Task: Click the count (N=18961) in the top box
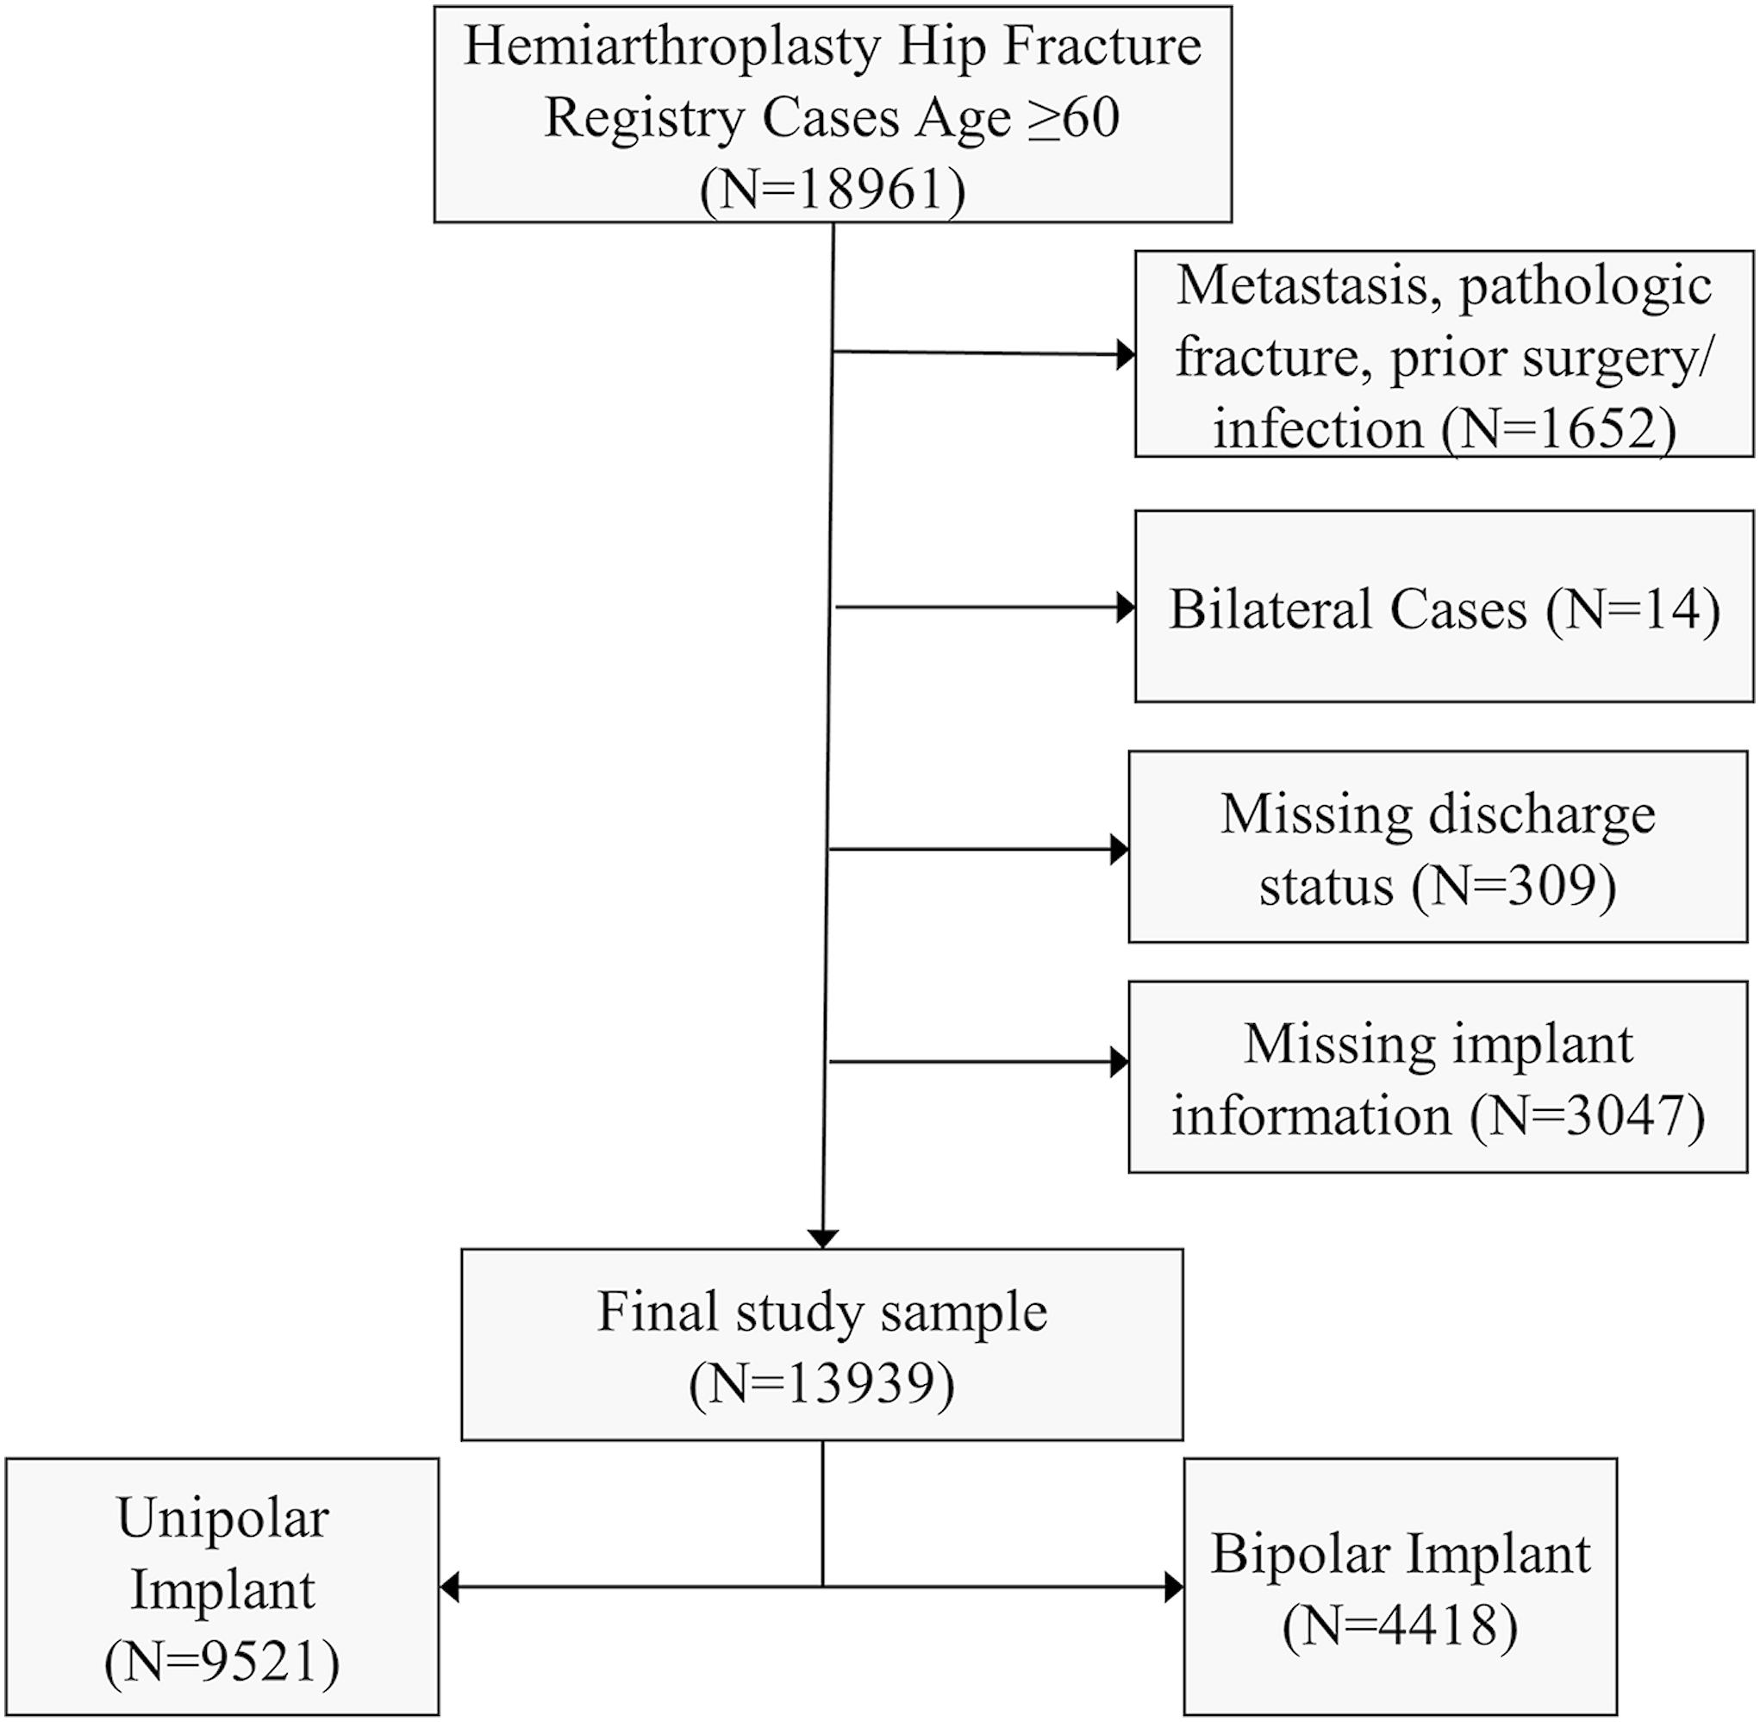(x=832, y=189)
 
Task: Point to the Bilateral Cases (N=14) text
(x=1444, y=608)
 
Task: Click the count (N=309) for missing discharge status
(x=1514, y=884)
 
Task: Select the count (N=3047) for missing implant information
(x=1588, y=1115)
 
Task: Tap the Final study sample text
(x=821, y=1312)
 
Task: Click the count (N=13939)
(x=821, y=1384)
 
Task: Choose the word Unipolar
(x=222, y=1518)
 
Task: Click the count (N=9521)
(x=222, y=1662)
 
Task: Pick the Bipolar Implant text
(x=1400, y=1554)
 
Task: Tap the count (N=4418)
(x=1400, y=1625)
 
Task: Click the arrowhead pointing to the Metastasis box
(x=1126, y=354)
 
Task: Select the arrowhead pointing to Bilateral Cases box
(x=1126, y=607)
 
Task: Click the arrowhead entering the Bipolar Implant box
(x=1174, y=1587)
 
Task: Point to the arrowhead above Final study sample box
(x=822, y=1238)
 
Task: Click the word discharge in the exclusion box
(x=1541, y=813)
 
